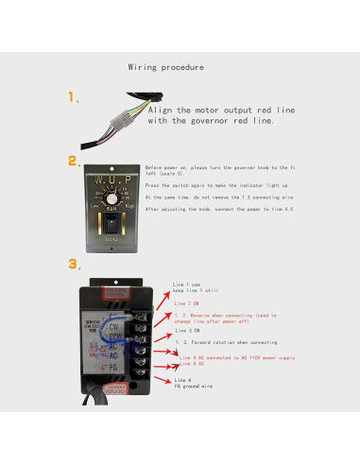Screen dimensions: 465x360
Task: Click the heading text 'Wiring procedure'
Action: [165, 68]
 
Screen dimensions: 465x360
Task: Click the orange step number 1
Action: [73, 98]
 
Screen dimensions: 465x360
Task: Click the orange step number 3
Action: [73, 264]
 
